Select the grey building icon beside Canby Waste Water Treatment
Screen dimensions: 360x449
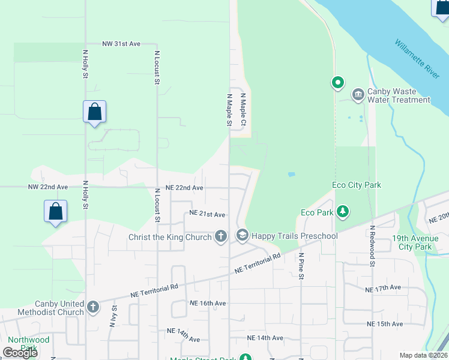tap(358, 95)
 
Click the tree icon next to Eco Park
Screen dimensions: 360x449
tap(342, 212)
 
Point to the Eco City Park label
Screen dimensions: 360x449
tap(357, 185)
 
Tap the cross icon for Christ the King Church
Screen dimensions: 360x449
tap(220, 236)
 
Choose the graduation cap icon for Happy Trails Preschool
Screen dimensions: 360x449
tap(242, 236)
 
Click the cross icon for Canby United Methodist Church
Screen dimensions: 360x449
tap(92, 307)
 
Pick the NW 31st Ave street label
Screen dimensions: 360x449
tap(121, 44)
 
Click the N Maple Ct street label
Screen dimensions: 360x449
tap(244, 109)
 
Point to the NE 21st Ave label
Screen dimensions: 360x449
tap(207, 214)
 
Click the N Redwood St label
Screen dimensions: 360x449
tap(373, 246)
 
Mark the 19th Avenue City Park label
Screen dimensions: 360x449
tap(420, 242)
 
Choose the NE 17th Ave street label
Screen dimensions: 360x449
tap(383, 289)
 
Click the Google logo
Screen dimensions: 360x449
tap(20, 353)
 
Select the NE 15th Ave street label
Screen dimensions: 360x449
tap(385, 324)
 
